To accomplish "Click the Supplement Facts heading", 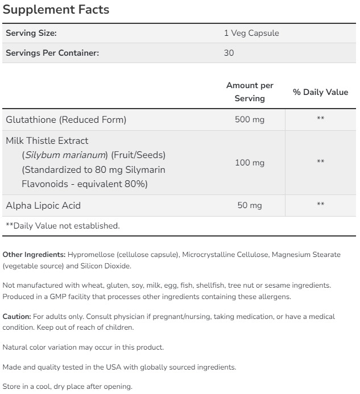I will pos(56,10).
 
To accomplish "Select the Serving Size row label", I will pos(31,34).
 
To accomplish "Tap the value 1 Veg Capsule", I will pos(251,34).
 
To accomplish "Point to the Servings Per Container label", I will pos(52,53).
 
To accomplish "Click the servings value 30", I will pos(229,53).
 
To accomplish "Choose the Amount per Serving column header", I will pos(250,92).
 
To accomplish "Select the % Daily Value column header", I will pos(320,92).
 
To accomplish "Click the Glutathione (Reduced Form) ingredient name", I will pos(66,119).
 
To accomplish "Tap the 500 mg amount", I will pos(250,119).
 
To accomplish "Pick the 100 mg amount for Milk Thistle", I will pos(250,163).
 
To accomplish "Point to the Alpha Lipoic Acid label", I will pos(47,205).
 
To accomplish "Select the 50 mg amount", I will pos(250,205).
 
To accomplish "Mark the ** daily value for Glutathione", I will pos(320,119).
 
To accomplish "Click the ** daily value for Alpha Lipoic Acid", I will pos(320,205).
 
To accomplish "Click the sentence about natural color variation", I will pos(83,347).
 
